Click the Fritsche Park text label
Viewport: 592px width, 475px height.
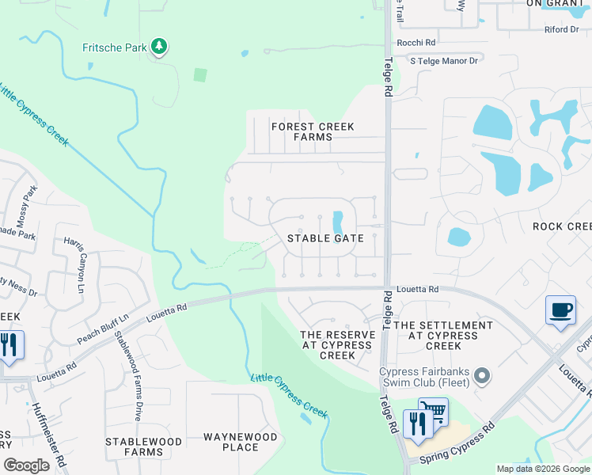[x=115, y=47]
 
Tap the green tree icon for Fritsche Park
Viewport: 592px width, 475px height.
[x=160, y=47]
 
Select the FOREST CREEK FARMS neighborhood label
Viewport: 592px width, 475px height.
[x=313, y=131]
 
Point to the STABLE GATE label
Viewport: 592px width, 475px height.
[x=325, y=237]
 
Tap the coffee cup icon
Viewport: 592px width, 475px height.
[x=560, y=310]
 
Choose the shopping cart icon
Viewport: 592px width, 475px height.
[x=432, y=411]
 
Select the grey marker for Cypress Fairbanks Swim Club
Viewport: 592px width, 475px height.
[x=483, y=375]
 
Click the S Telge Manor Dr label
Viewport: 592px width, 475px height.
[x=444, y=60]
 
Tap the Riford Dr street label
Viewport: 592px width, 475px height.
[x=562, y=29]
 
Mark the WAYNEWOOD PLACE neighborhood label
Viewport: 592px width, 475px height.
[x=241, y=442]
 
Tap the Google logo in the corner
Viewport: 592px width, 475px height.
[x=26, y=465]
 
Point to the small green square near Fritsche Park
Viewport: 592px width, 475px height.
[x=200, y=75]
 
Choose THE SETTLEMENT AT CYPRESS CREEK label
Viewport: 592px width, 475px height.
[x=443, y=336]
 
